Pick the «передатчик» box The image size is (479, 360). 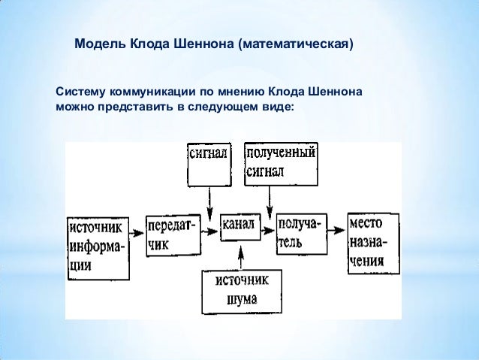173,234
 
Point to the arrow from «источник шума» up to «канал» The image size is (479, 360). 241,253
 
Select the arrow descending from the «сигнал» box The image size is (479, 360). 210,197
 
